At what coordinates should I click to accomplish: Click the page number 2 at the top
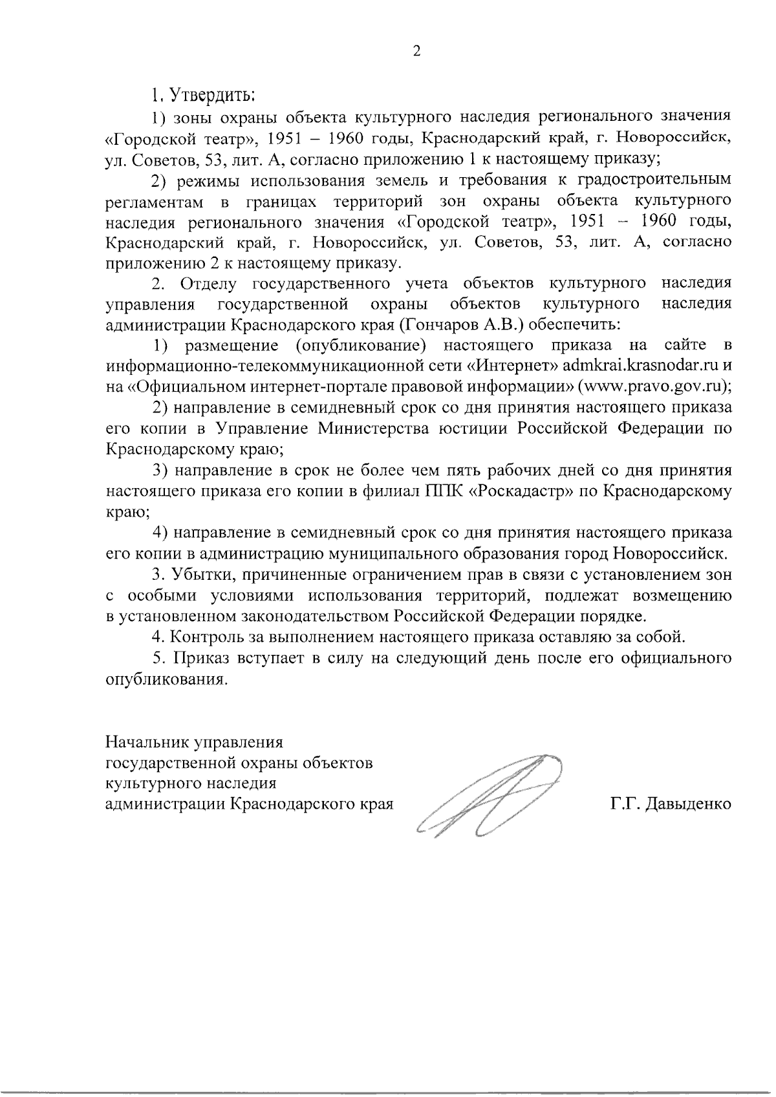[x=416, y=52]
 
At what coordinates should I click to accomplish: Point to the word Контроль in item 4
[x=206, y=637]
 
